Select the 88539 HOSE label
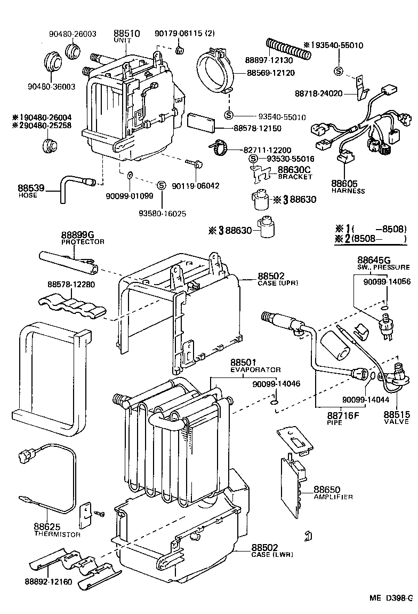[28, 191]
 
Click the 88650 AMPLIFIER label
[332, 492]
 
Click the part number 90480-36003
[51, 86]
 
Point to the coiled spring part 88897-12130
[287, 48]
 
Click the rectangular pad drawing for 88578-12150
[202, 122]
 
